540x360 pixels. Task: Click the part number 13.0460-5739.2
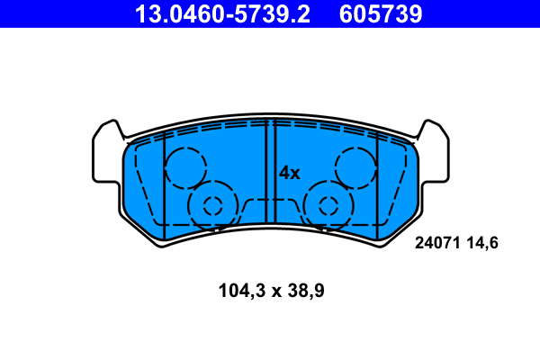click(222, 14)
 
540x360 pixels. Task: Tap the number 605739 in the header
click(381, 14)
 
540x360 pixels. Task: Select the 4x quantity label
click(289, 174)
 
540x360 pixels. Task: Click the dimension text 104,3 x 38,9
click(272, 291)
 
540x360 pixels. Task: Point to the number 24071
click(437, 243)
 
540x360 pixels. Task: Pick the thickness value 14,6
click(482, 243)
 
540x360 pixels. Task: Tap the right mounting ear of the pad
click(434, 151)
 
